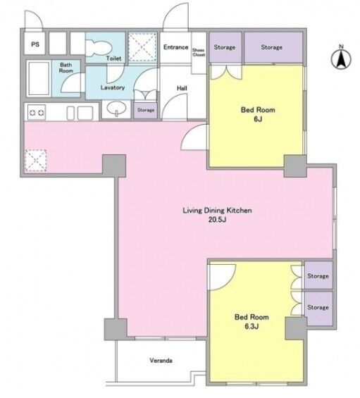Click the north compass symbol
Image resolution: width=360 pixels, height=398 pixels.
(341, 58)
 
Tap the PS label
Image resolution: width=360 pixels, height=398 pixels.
(35, 44)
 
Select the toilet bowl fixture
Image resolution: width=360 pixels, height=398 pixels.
(99, 48)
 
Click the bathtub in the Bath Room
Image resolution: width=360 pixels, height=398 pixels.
(39, 78)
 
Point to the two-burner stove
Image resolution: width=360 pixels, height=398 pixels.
(37, 112)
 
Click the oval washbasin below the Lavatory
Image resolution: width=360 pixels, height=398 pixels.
(117, 108)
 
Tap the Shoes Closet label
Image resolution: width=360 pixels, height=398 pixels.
(199, 52)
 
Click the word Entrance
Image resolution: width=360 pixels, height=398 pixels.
(175, 47)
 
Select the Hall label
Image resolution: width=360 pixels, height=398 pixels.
(182, 88)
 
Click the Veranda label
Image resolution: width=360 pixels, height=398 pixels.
(161, 360)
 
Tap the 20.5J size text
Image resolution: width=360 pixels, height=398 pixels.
(217, 220)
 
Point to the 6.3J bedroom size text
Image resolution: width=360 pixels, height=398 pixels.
(252, 326)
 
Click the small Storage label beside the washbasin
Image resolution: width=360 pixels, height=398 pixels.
(146, 110)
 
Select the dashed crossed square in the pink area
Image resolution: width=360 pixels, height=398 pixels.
(35, 161)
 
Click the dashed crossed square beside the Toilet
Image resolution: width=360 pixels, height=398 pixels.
(142, 46)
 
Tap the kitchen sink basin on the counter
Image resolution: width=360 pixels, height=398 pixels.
(85, 113)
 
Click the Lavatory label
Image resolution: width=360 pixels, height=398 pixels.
(113, 87)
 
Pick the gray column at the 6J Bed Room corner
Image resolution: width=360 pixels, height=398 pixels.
(295, 166)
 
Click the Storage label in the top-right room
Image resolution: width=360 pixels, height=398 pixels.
(271, 47)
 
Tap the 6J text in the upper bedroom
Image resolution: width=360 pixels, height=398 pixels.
(258, 119)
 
